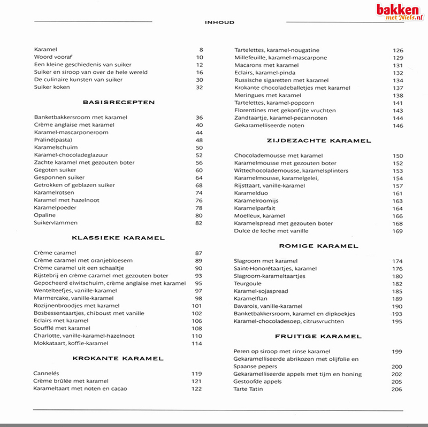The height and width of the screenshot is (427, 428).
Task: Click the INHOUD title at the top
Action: coord(219,22)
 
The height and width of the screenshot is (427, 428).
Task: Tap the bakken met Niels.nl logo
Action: coord(399,12)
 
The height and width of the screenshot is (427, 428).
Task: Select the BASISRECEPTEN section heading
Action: coord(119,102)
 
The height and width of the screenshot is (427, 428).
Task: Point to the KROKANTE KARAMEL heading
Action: coord(118,359)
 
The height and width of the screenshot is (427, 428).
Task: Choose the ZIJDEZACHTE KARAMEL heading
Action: coord(319,141)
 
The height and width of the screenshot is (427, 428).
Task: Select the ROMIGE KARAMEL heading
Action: coord(318,246)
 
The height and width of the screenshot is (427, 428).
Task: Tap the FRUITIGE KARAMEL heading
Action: coord(318,337)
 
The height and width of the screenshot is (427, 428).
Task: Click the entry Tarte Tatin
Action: coord(248,389)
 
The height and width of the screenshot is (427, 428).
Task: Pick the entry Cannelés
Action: coord(46,374)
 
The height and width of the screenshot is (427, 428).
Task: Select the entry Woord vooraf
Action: coord(52,57)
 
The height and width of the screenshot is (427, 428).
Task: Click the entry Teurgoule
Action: coord(247,284)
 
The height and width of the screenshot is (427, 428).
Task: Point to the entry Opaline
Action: coord(44,215)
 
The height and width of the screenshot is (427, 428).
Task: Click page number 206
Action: coord(396,390)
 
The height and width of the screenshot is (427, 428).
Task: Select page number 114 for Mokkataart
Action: coord(197,344)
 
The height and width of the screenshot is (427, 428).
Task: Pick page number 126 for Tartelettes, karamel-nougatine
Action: coord(398,50)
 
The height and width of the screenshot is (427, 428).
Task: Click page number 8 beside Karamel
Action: coord(201,50)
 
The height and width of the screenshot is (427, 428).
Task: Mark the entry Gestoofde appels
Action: coord(258,382)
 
